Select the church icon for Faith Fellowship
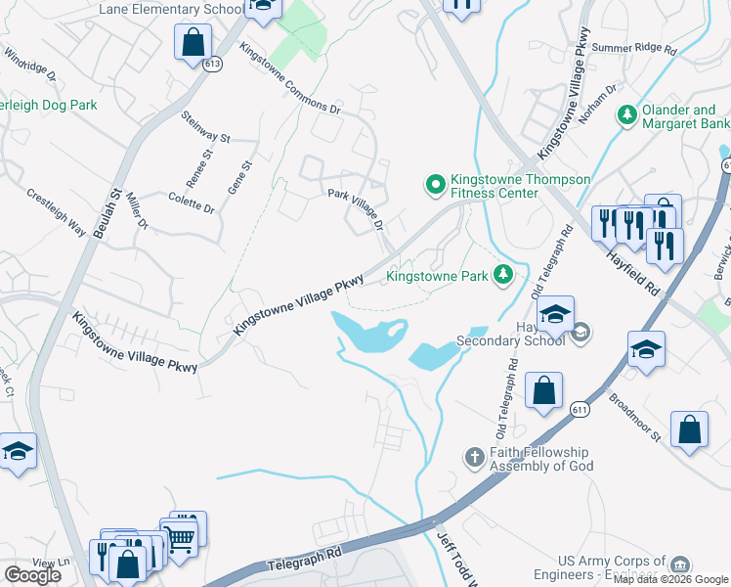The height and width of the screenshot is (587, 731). [474, 458]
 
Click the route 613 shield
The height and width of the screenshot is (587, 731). [214, 64]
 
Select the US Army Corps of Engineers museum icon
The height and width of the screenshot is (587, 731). [680, 565]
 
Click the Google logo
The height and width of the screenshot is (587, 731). [32, 575]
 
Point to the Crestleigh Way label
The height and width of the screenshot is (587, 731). [56, 212]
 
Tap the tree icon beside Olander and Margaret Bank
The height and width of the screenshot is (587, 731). [626, 116]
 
